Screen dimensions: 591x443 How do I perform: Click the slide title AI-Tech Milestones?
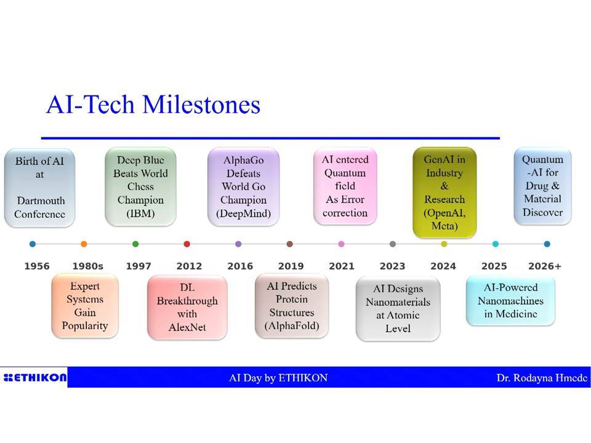click(153, 105)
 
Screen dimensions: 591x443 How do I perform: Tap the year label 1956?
click(37, 266)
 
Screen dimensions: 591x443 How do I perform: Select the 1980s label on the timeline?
click(88, 266)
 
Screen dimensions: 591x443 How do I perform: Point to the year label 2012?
click(189, 266)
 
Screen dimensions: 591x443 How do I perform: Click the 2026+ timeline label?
click(545, 266)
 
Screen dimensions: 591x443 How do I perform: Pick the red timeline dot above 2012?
click(187, 244)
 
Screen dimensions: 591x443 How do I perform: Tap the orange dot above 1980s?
click(84, 244)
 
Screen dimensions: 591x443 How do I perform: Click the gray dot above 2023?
click(393, 244)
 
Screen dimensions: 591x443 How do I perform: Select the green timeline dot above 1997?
click(135, 244)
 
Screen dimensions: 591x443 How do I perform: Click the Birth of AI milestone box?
click(39, 188)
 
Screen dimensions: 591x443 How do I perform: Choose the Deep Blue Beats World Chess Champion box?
click(140, 187)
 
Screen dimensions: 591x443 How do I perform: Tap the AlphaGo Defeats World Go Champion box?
click(244, 187)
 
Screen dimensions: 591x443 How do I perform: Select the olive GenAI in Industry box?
click(444, 193)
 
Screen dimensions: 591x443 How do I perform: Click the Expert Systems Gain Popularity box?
click(85, 306)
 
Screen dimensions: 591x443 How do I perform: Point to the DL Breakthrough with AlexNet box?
click(187, 308)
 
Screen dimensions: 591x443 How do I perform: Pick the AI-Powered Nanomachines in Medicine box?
click(511, 301)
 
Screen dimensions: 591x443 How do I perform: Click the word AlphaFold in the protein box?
click(292, 326)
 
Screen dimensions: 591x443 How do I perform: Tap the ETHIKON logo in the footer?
click(34, 377)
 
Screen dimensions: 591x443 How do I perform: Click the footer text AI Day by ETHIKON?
click(278, 378)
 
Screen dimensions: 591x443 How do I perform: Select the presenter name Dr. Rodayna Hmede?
click(542, 378)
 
